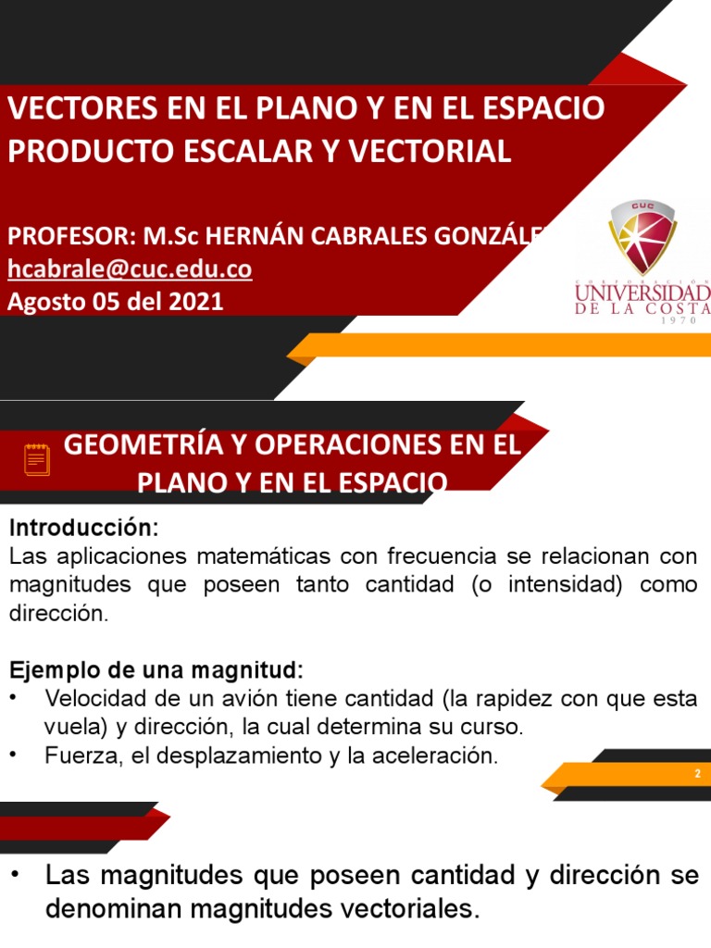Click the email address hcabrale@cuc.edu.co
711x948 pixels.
[x=130, y=269]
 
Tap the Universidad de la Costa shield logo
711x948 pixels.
[x=642, y=236]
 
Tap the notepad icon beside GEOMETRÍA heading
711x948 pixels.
[x=36, y=458]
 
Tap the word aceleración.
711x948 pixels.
[x=443, y=755]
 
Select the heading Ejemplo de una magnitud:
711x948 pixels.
[x=156, y=668]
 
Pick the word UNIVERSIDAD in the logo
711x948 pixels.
[x=642, y=294]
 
